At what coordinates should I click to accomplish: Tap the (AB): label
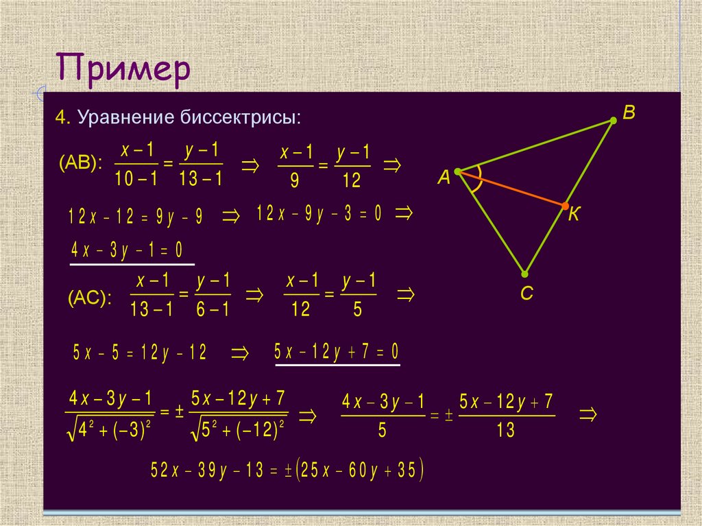(x=80, y=163)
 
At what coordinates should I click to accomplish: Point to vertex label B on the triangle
(x=628, y=112)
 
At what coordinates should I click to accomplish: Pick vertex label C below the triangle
(x=526, y=294)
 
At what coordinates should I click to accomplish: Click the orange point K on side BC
(x=564, y=205)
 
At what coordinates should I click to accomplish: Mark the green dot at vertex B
(x=614, y=121)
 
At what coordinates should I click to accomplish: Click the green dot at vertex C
(x=524, y=272)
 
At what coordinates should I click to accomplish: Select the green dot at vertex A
(x=457, y=171)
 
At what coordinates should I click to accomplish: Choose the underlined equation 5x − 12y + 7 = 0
(x=336, y=352)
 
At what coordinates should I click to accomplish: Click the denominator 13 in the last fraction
(x=505, y=431)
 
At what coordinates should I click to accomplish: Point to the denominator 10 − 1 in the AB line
(x=136, y=180)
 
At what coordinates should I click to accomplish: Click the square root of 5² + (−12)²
(x=239, y=431)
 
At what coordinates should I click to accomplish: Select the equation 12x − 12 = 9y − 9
(x=136, y=217)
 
